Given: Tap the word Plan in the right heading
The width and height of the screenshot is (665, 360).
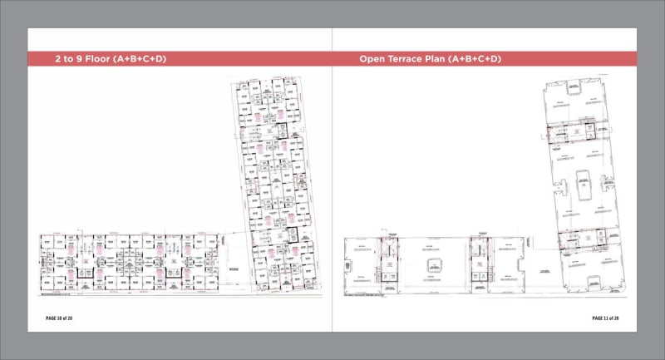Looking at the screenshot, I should click(455, 59).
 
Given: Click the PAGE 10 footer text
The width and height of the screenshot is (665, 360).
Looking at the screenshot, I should click(61, 318).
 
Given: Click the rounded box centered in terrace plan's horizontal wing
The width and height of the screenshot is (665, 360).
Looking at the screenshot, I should click(432, 265).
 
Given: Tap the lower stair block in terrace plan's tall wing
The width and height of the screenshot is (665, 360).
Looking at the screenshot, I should click(579, 241).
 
